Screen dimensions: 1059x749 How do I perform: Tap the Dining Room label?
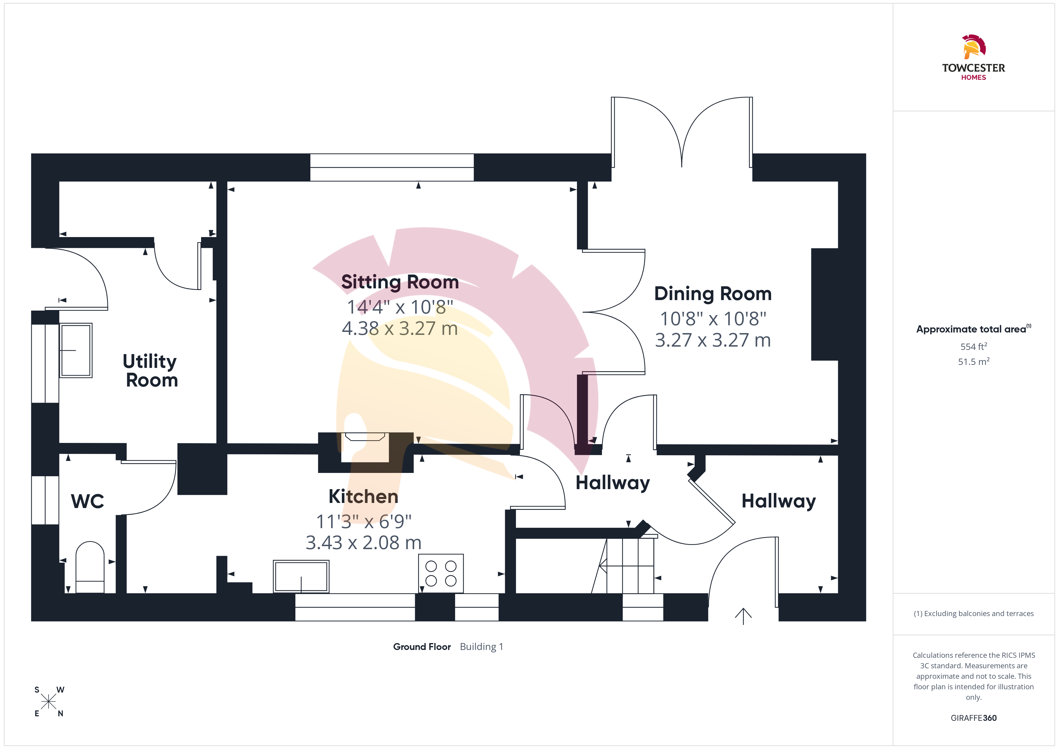click(713, 294)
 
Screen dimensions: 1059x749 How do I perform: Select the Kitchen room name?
click(364, 496)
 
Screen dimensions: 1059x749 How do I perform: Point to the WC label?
click(88, 501)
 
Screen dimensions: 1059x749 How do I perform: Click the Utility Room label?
click(150, 371)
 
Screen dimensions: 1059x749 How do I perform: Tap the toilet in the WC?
click(90, 567)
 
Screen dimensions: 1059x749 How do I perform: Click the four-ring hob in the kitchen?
click(441, 573)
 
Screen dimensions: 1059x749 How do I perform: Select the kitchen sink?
click(301, 576)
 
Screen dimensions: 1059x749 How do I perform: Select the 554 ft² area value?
click(974, 346)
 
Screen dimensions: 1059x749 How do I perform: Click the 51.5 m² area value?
click(974, 362)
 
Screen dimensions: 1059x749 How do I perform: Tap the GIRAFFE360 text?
click(974, 718)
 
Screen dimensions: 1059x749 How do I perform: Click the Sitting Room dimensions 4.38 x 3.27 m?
click(400, 328)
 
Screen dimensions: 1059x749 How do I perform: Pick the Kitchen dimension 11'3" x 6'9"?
click(364, 522)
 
